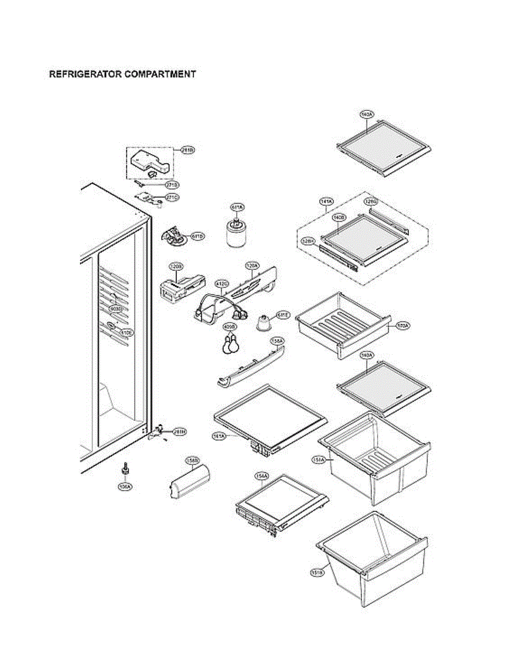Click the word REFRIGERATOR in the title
pyautogui.click(x=85, y=74)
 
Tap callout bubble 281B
pyautogui.click(x=188, y=150)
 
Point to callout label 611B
pyautogui.click(x=197, y=236)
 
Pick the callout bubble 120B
pyautogui.click(x=176, y=266)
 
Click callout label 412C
pyautogui.click(x=222, y=284)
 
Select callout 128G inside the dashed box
pyautogui.click(x=370, y=202)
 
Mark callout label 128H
pyautogui.click(x=308, y=241)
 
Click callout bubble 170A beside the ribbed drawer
pyautogui.click(x=403, y=326)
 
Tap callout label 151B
pyautogui.click(x=317, y=573)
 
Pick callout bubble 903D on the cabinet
pyautogui.click(x=115, y=308)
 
